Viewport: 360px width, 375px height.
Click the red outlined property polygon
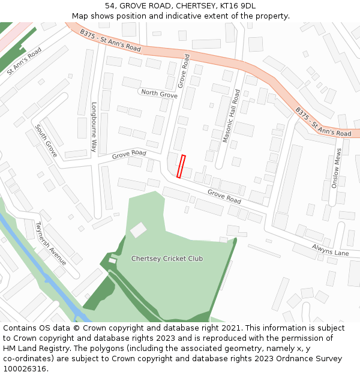point(181,166)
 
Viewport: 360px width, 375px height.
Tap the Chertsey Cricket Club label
point(167,259)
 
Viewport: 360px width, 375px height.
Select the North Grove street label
point(159,94)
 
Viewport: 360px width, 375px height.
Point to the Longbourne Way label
point(94,126)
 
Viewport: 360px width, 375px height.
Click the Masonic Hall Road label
point(231,116)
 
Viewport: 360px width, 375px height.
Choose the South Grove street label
point(46,141)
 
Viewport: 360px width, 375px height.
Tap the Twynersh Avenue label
point(50,244)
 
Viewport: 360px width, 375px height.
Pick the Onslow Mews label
point(337,169)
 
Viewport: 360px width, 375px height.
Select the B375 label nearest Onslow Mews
point(323,122)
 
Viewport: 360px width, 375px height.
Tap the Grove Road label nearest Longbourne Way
point(129,154)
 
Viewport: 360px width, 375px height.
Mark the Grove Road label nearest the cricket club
point(224,196)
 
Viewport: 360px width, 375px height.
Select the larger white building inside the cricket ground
point(139,230)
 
